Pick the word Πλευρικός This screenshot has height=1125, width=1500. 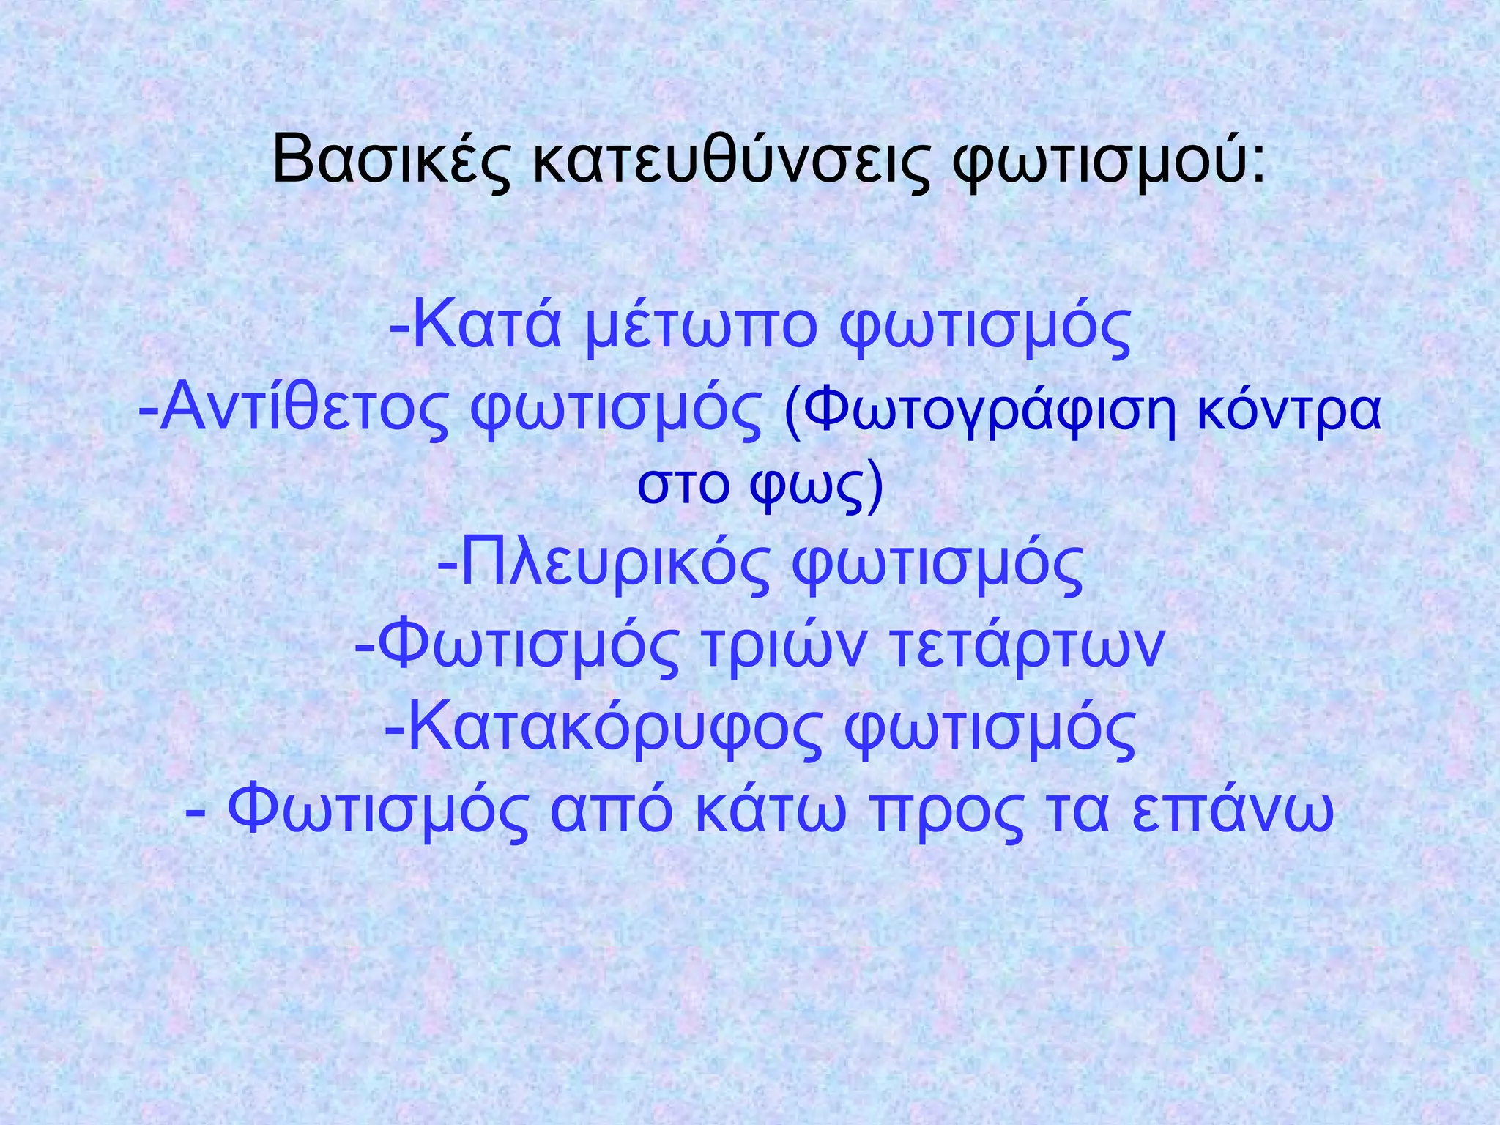[x=616, y=564]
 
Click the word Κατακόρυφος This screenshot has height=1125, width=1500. [x=615, y=728]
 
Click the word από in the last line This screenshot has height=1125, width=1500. [x=611, y=812]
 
